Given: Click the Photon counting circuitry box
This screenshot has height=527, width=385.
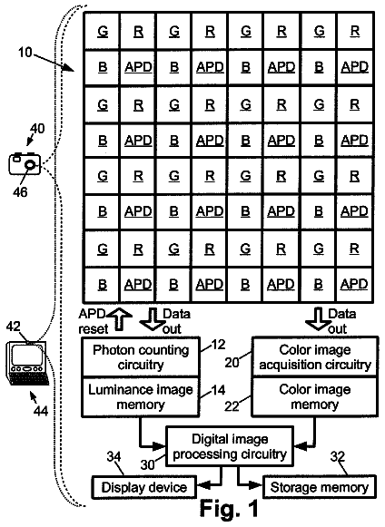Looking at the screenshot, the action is tap(141, 357).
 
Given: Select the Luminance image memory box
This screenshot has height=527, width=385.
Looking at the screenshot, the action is tap(141, 396).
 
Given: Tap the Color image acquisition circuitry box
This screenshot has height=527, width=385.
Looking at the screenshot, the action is tap(315, 357).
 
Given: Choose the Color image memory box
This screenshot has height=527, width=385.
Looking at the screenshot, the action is tap(315, 396).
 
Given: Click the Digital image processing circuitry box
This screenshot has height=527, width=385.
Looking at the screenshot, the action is tap(230, 446).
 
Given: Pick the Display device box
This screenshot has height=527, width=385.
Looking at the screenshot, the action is tap(144, 487).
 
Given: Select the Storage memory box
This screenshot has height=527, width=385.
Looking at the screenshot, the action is tap(319, 487).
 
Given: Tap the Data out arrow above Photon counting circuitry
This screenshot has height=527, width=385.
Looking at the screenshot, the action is tap(152, 319).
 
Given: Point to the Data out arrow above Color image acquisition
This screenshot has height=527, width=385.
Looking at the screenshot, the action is tap(318, 319).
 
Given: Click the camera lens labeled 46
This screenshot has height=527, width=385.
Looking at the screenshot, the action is tap(30, 165).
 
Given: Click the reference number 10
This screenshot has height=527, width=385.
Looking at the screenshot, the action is tap(25, 53).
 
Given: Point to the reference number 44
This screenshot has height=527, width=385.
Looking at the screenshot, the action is tap(41, 411).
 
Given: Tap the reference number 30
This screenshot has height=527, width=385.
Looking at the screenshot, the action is tap(147, 464).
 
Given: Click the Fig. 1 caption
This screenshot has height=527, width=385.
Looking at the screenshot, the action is tap(229, 508).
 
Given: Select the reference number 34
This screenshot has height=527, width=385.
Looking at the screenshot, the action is tap(114, 456).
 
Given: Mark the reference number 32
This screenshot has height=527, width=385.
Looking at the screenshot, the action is tap(338, 456).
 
